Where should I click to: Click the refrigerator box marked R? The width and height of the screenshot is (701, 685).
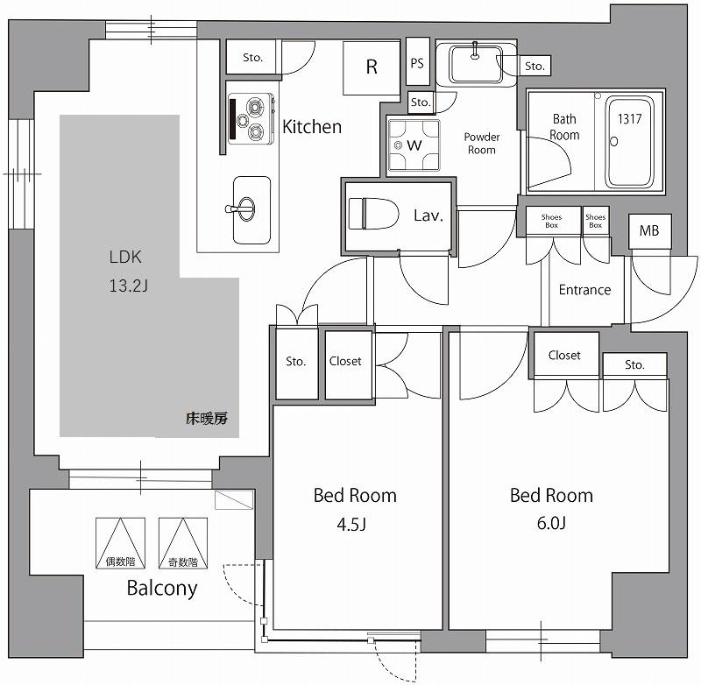click(372, 67)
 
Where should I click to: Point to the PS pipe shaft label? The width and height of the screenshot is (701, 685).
click(418, 62)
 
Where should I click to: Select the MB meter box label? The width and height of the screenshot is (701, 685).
click(648, 231)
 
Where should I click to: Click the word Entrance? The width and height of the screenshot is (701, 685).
click(584, 290)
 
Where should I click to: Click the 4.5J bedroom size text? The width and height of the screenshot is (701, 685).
click(355, 523)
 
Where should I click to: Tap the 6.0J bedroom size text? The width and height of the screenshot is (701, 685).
click(551, 523)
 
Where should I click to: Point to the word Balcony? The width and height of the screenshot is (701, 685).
click(162, 588)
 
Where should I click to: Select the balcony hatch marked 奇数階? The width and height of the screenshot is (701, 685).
click(183, 543)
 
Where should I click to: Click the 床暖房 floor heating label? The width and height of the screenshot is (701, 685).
click(207, 419)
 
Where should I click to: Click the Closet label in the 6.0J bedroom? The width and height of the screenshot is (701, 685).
click(564, 355)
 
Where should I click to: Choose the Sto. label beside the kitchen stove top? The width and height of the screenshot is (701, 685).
click(252, 58)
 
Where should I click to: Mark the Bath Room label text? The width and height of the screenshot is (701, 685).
click(564, 127)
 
